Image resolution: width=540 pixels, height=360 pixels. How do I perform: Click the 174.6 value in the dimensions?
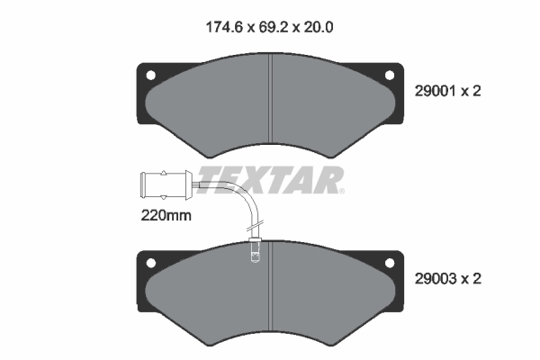[x=225, y=27]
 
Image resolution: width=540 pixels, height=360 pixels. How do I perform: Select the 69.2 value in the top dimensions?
[x=274, y=27]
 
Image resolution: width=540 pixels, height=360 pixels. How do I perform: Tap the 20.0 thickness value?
[x=319, y=27]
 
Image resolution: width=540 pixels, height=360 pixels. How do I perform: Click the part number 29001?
[x=436, y=91]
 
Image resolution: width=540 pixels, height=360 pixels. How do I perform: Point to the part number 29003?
[x=436, y=279]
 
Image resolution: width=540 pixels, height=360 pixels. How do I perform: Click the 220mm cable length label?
[x=166, y=216]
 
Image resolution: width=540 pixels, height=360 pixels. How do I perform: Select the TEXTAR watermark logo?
[x=270, y=180]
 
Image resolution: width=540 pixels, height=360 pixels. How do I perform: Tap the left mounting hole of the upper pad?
[x=151, y=75]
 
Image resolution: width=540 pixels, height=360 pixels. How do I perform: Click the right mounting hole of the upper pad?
[x=390, y=75]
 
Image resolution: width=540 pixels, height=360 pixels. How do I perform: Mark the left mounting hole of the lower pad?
[x=151, y=263]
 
